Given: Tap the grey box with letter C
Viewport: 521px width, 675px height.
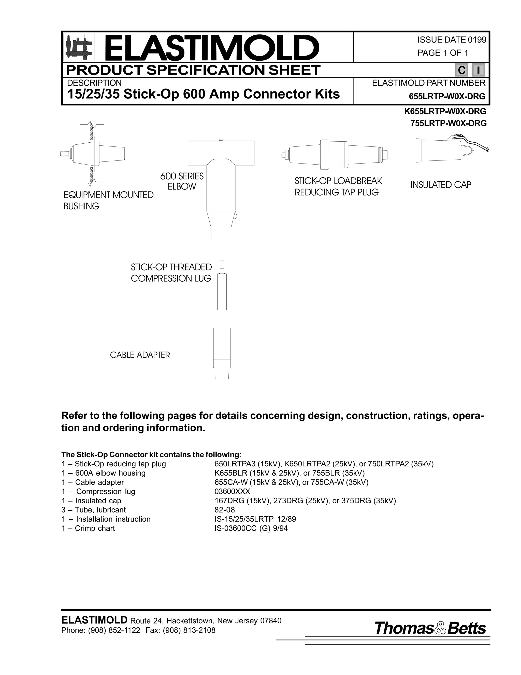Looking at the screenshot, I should point(461,71).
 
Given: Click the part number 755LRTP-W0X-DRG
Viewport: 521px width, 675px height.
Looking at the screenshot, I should point(448,123).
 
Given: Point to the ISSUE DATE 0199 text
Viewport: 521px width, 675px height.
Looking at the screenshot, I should point(452,40).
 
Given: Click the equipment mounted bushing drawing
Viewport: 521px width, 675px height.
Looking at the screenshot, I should point(93,154).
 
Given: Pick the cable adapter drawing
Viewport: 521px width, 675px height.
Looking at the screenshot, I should point(222,353).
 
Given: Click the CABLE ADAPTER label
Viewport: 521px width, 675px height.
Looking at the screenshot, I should point(140,355).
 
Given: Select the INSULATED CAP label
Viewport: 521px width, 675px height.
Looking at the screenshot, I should point(440,185).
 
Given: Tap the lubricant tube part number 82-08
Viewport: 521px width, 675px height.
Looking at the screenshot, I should point(224,510).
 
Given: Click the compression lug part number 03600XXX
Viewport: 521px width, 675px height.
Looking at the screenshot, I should point(232,491).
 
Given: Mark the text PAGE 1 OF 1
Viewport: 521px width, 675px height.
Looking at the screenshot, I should point(443,53).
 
